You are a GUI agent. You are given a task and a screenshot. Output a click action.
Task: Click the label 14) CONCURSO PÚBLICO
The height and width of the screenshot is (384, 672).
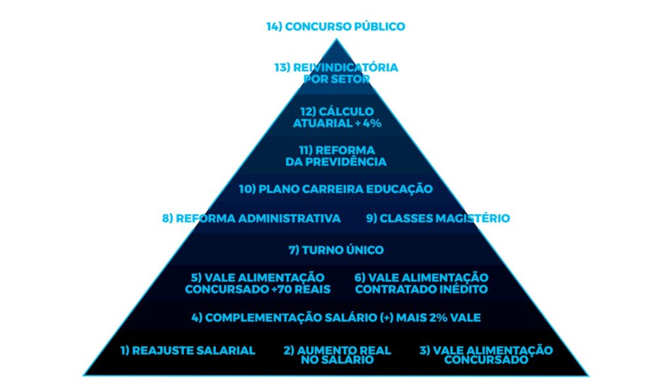click(335, 27)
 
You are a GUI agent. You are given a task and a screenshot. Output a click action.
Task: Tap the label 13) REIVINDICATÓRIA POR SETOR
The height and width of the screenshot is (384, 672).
click(335, 73)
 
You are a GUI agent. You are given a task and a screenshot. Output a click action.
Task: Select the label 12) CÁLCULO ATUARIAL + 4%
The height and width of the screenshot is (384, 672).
click(336, 117)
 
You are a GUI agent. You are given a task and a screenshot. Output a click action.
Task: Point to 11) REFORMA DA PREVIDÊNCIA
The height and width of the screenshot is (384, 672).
click(336, 156)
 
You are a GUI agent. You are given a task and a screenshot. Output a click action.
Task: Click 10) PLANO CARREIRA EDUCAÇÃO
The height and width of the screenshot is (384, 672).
click(335, 189)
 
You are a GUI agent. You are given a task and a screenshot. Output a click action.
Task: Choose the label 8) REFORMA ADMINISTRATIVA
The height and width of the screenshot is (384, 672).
click(251, 219)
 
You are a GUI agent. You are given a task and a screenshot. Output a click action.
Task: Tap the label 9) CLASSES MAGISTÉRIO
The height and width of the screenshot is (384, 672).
click(438, 219)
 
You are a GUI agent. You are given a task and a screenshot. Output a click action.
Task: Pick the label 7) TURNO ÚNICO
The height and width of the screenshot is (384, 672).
click(336, 250)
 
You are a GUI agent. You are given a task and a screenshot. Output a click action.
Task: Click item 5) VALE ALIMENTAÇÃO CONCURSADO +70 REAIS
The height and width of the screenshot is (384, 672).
click(257, 284)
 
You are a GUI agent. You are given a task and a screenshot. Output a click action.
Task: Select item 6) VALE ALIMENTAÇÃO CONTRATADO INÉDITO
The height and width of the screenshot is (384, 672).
click(421, 284)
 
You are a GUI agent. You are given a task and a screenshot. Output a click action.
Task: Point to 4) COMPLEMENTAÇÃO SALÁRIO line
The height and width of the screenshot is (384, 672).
click(336, 318)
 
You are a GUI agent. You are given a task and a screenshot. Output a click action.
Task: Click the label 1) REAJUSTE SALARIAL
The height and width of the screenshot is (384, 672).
click(188, 351)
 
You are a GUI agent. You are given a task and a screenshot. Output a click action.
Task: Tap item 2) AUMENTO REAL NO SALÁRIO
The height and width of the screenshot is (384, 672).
click(337, 355)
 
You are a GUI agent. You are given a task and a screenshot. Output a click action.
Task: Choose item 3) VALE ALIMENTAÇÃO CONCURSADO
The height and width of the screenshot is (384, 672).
click(486, 355)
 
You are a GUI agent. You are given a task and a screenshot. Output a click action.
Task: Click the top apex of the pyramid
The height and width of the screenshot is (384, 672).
click(336, 39)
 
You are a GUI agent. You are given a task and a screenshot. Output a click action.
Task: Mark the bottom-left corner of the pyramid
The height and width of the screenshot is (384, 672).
click(84, 375)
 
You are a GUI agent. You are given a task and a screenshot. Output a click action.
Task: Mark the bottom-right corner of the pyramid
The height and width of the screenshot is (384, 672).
click(589, 375)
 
